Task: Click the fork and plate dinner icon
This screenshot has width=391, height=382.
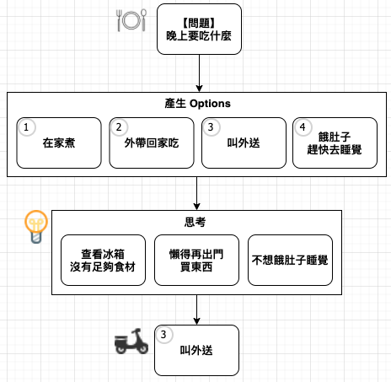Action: pyautogui.click(x=131, y=20)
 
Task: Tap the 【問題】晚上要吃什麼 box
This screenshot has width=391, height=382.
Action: pyautogui.click(x=199, y=30)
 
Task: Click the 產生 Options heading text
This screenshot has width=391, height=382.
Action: pyautogui.click(x=197, y=104)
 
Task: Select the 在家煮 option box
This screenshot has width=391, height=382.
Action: pyautogui.click(x=59, y=143)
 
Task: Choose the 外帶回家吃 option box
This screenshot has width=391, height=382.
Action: pyautogui.click(x=152, y=143)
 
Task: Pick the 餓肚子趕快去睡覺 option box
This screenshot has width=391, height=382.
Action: pyautogui.click(x=335, y=143)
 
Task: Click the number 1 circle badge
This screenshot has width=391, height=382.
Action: pyautogui.click(x=26, y=127)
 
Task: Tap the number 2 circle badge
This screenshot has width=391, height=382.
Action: pyautogui.click(x=119, y=127)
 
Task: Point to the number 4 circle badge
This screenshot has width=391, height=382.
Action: pyautogui.click(x=303, y=127)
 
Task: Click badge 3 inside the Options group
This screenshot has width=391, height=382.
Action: pyautogui.click(x=211, y=127)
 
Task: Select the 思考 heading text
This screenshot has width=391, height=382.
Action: pyautogui.click(x=195, y=222)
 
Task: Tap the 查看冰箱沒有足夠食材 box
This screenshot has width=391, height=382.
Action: pyautogui.click(x=103, y=261)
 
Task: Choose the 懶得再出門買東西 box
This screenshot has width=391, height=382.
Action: pyautogui.click(x=196, y=261)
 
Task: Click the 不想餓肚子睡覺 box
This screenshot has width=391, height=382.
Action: pyautogui.click(x=290, y=261)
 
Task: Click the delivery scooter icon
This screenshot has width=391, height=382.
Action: pyautogui.click(x=131, y=341)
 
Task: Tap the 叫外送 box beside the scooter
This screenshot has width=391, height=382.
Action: pyautogui.click(x=196, y=350)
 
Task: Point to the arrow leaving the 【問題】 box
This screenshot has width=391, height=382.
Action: pyautogui.click(x=199, y=73)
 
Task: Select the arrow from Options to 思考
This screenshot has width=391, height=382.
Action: pyautogui.click(x=197, y=193)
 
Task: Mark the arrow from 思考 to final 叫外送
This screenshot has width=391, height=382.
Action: pyautogui.click(x=197, y=309)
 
